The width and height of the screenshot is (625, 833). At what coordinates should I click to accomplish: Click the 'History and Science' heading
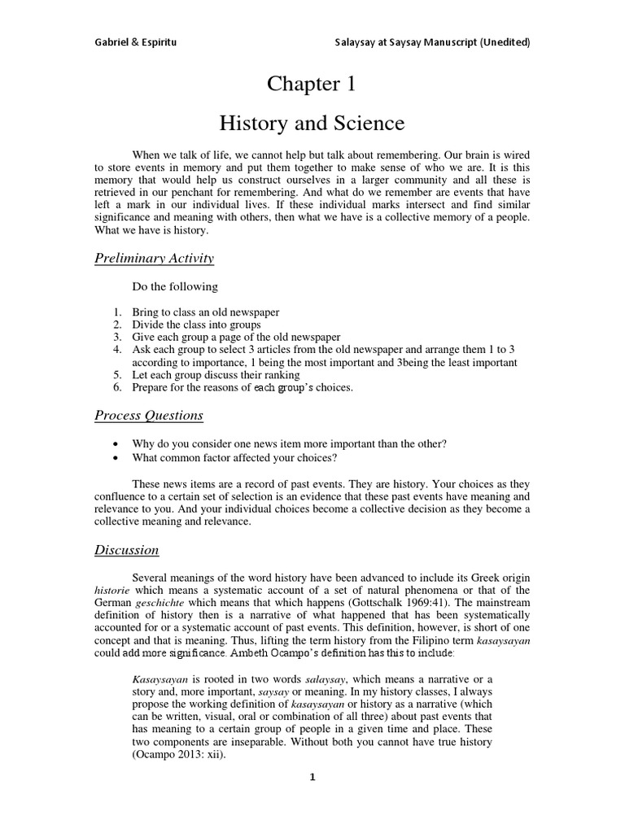click(312, 124)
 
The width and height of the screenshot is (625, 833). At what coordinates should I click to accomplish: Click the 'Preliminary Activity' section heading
click(154, 259)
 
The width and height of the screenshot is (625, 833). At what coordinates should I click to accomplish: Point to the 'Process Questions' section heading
click(148, 416)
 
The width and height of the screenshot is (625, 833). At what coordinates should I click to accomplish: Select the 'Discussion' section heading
click(126, 550)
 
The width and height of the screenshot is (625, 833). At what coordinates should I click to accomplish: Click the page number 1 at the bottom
click(312, 777)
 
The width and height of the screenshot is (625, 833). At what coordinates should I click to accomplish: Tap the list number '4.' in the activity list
click(118, 349)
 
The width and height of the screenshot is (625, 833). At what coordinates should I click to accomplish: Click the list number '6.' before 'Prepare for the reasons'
click(118, 387)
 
